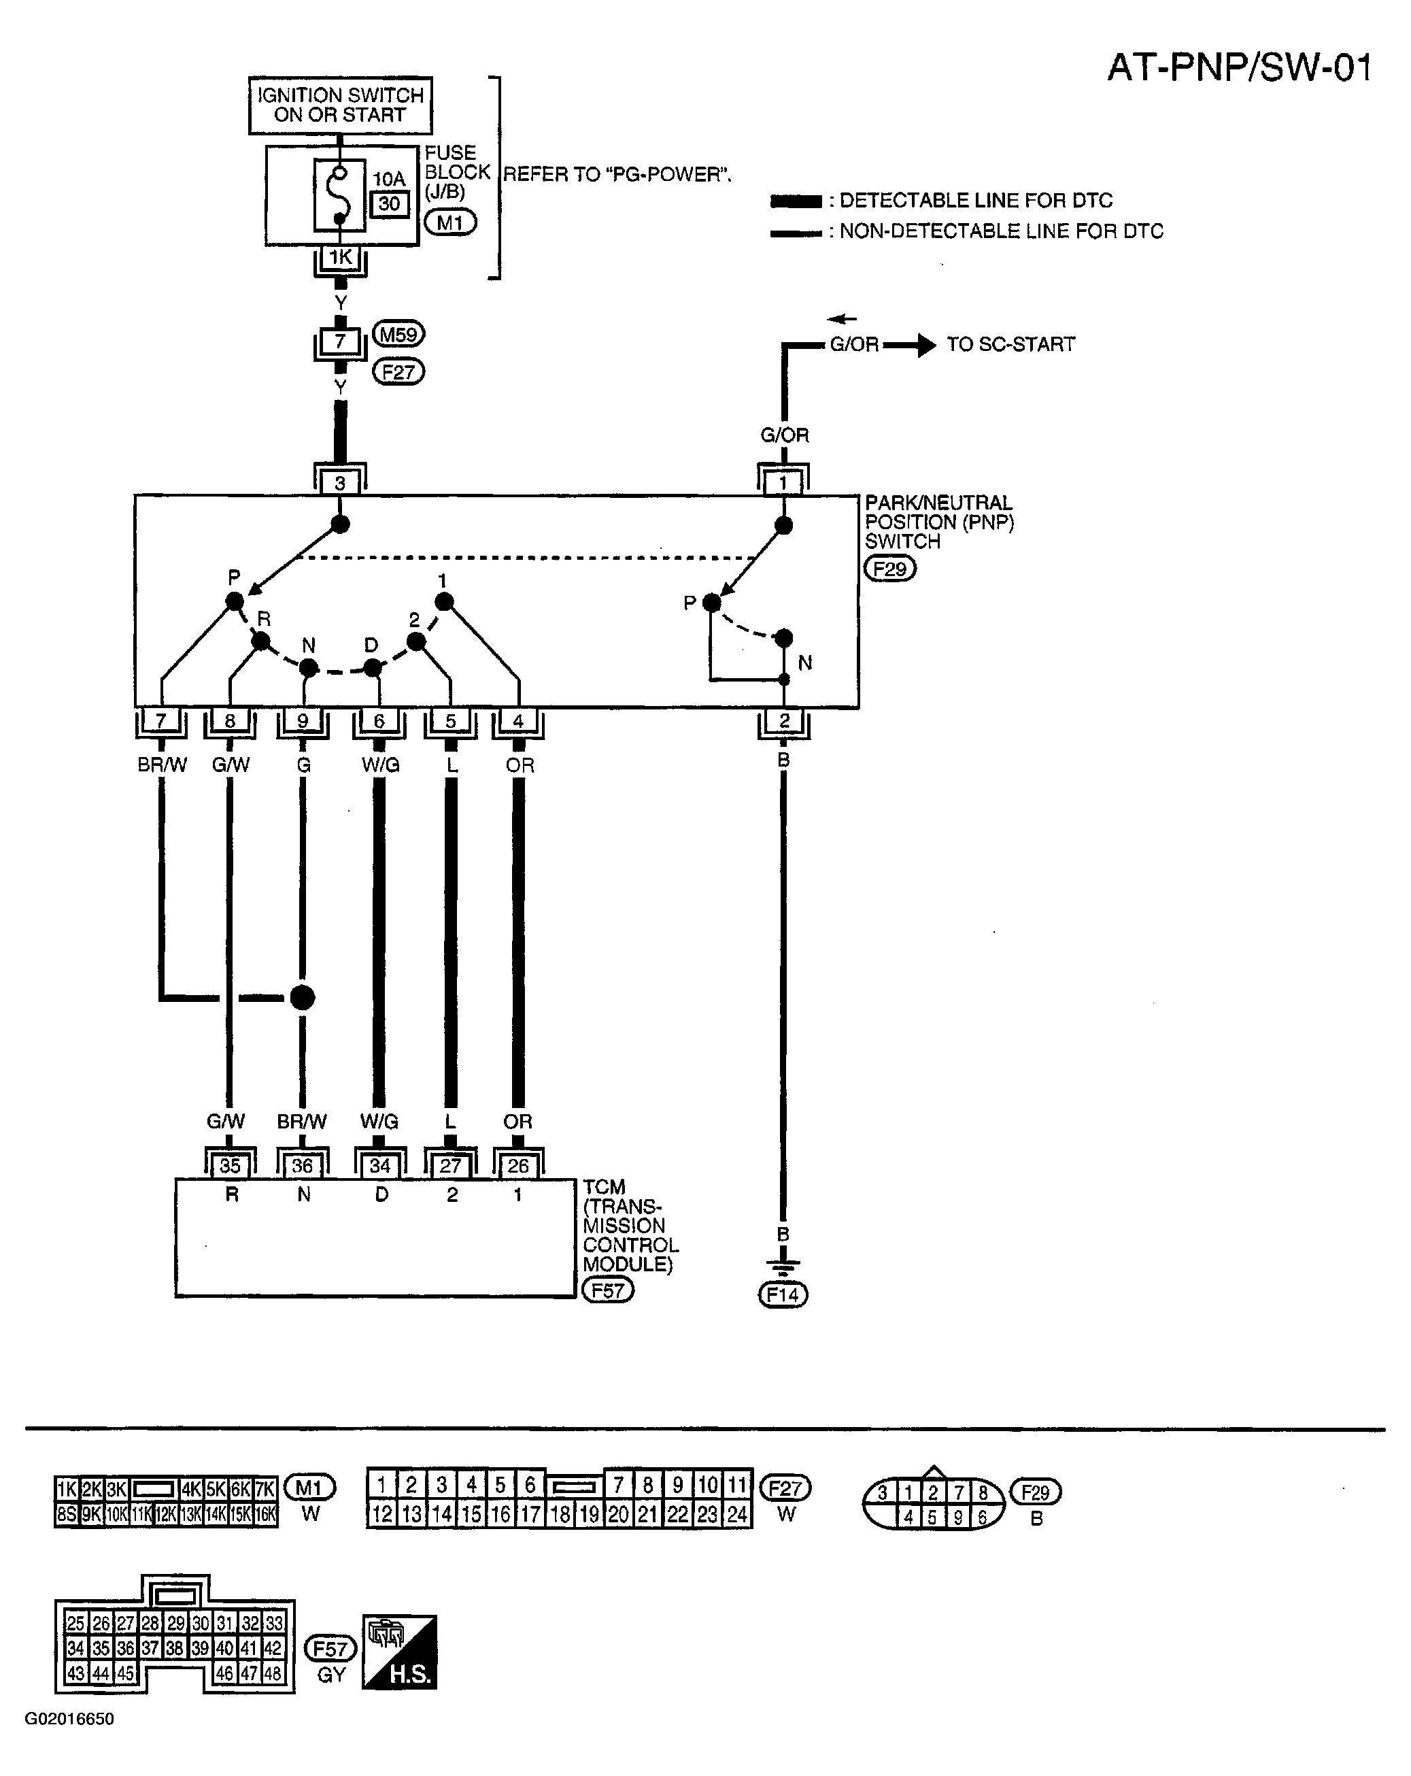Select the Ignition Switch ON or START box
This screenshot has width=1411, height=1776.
pyautogui.click(x=340, y=105)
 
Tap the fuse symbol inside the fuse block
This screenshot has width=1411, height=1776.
pyautogui.click(x=339, y=196)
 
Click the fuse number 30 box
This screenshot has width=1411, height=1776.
pyautogui.click(x=390, y=203)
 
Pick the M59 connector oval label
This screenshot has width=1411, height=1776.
pyautogui.click(x=398, y=335)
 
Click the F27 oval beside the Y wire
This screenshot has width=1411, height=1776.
pyautogui.click(x=398, y=372)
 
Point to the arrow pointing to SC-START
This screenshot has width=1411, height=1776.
pyautogui.click(x=909, y=345)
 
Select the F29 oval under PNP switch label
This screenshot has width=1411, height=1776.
pyautogui.click(x=890, y=569)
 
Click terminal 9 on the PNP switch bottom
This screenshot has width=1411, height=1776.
pyautogui.click(x=303, y=721)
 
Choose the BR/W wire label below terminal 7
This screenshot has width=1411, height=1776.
pyautogui.click(x=163, y=765)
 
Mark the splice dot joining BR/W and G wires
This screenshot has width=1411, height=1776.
pyautogui.click(x=303, y=998)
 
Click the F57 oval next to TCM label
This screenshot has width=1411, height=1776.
pyautogui.click(x=608, y=1290)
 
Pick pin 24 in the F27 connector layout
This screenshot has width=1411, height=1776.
pyautogui.click(x=736, y=1514)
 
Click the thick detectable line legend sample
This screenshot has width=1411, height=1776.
pyautogui.click(x=796, y=201)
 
